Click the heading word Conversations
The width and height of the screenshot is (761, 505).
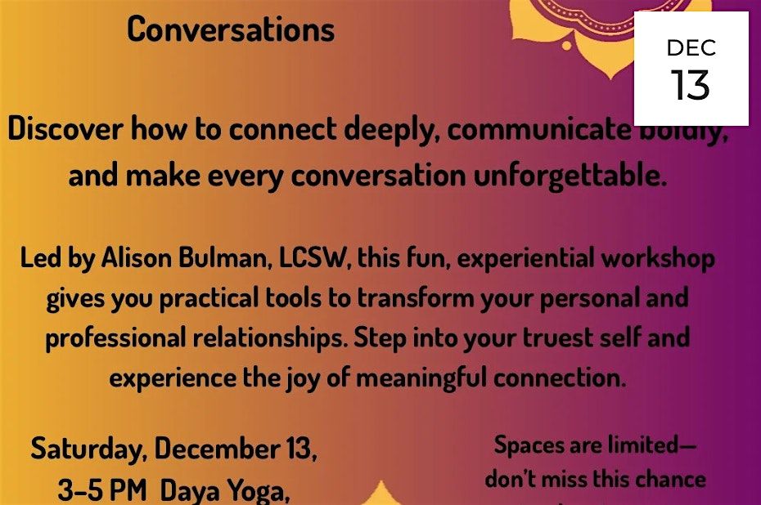[x=231, y=29]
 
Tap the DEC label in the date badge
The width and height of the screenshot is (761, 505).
[x=691, y=48]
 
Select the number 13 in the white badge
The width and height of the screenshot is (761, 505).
[x=691, y=84]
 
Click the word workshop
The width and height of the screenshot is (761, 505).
[x=663, y=260]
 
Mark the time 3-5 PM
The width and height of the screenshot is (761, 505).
[x=103, y=489]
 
